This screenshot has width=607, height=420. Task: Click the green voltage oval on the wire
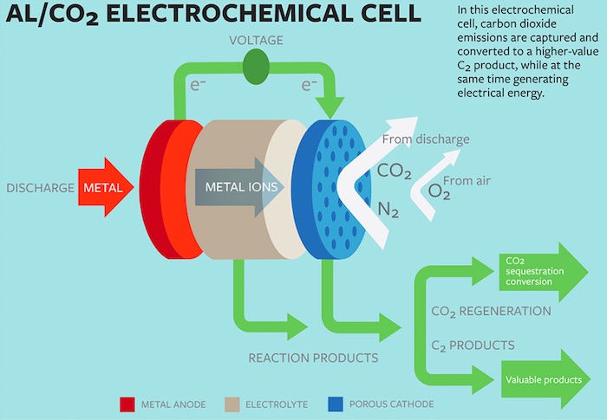(x=255, y=67)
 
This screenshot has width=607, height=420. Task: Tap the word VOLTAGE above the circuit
(x=255, y=41)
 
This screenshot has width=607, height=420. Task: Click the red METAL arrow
(x=106, y=187)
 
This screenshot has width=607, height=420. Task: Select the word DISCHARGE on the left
(x=40, y=188)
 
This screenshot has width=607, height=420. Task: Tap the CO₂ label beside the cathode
(x=394, y=171)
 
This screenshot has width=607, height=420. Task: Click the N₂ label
(x=388, y=209)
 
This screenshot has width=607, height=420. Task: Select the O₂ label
(x=440, y=191)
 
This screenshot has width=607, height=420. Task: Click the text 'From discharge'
(x=426, y=139)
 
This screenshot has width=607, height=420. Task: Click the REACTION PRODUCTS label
(x=313, y=358)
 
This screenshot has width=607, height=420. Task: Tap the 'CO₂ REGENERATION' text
(x=490, y=310)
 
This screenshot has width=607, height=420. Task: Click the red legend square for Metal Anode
(x=127, y=404)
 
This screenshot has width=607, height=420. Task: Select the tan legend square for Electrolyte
(x=232, y=404)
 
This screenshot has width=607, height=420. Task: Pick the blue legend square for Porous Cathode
(x=336, y=404)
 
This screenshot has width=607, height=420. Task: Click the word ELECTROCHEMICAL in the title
(x=251, y=16)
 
